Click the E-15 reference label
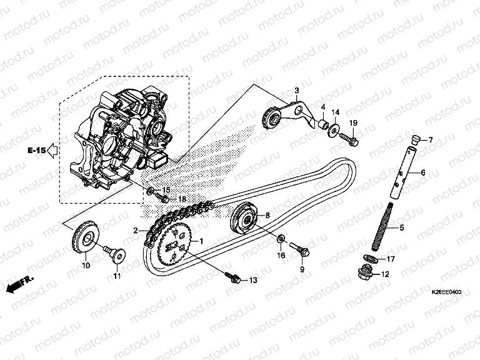point(36,150)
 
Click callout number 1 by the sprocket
point(201,240)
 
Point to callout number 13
point(252,280)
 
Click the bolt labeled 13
point(235,277)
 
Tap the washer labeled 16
point(281,237)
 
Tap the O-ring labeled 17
point(371,258)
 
